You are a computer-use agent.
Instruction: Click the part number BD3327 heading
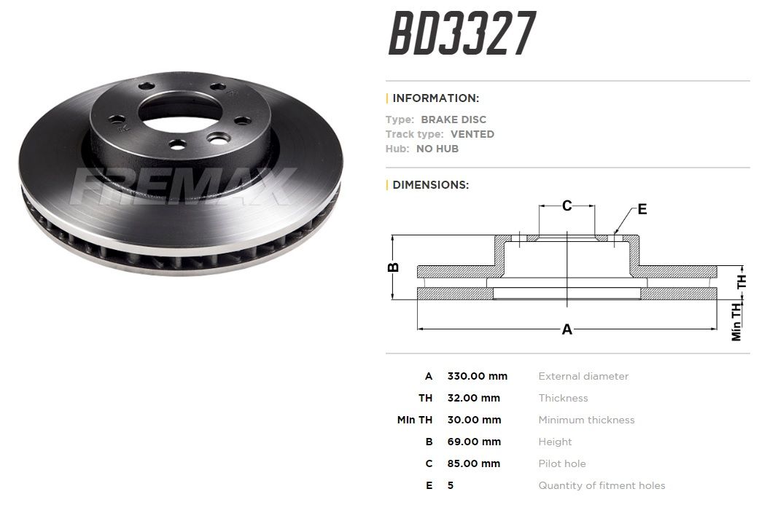(x=462, y=34)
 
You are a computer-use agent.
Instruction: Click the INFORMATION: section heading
(x=436, y=98)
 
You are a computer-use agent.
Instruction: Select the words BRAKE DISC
(x=454, y=120)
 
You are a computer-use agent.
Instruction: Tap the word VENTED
(x=472, y=134)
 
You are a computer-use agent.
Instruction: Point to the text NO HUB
(x=437, y=149)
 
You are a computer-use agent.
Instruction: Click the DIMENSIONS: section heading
(x=431, y=185)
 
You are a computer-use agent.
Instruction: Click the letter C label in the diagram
(x=567, y=206)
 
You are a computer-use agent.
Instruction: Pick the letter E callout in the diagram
(x=642, y=209)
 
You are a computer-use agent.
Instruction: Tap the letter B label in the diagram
(x=394, y=267)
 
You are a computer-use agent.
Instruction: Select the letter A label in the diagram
(x=567, y=329)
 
